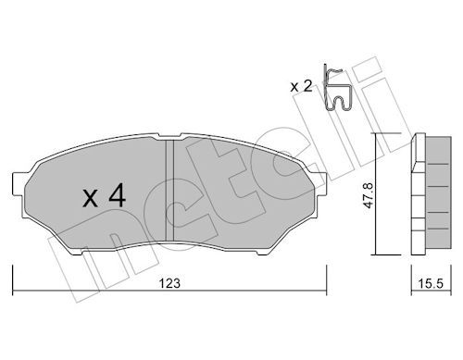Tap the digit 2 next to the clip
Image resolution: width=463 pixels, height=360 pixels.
pos(307,86)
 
